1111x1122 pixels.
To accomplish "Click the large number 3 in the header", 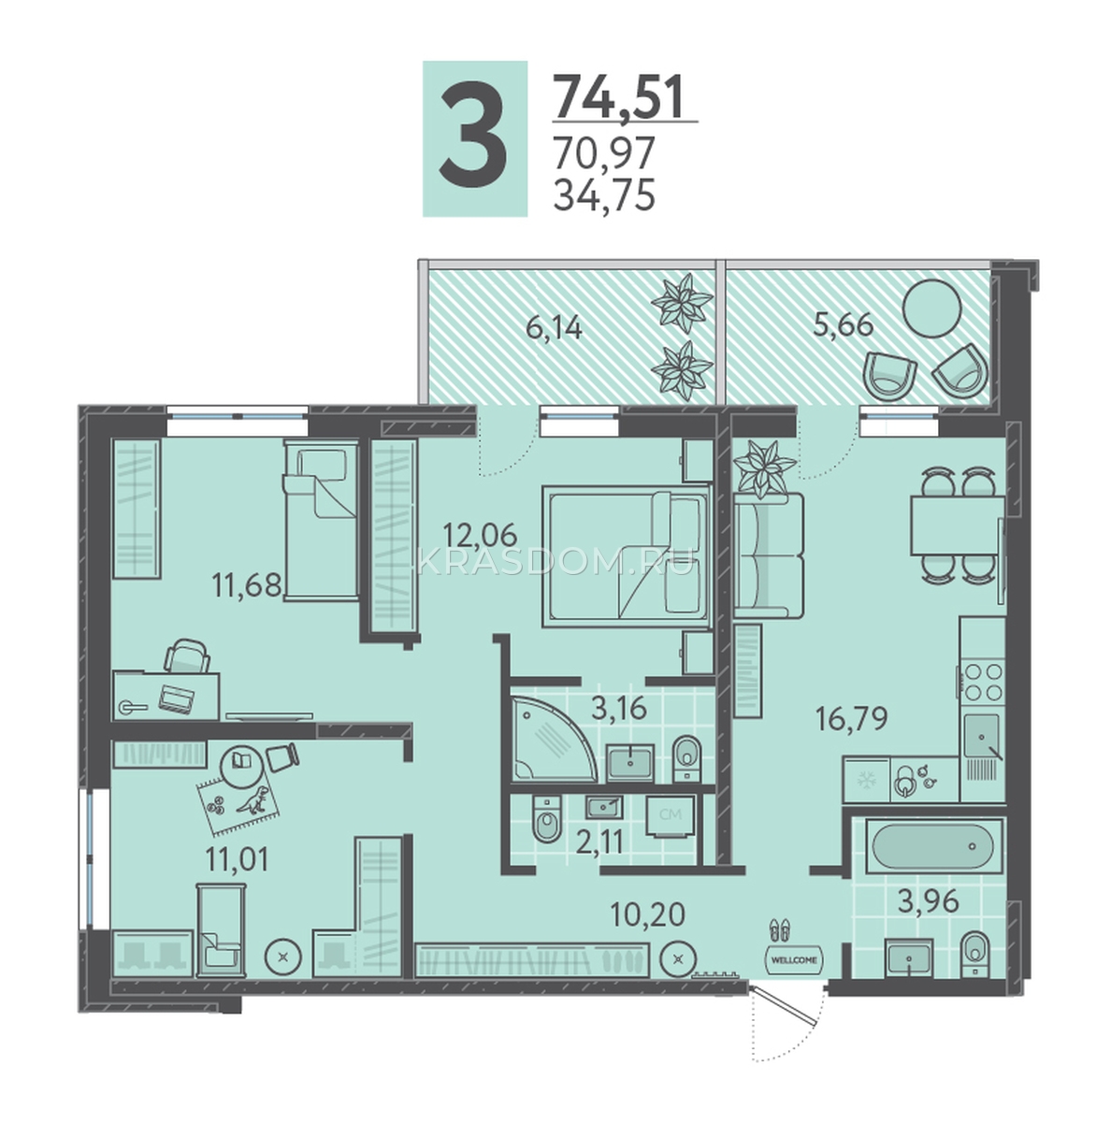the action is click(473, 139).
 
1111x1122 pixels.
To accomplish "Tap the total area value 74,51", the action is click(617, 97).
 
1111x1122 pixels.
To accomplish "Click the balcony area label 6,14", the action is click(554, 329).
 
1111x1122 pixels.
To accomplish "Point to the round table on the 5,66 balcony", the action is click(931, 309).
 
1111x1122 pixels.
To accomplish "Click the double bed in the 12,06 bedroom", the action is click(627, 557).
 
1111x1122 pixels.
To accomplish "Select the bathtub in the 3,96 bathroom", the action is click(931, 846).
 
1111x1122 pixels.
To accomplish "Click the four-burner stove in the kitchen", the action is click(983, 683).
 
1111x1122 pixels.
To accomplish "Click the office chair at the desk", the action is click(187, 655).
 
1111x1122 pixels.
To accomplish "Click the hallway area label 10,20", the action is click(647, 931).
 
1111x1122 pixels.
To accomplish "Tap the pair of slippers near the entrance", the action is click(780, 929).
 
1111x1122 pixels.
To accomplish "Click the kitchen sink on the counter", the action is click(982, 736).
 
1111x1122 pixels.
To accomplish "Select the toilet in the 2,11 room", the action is click(547, 819).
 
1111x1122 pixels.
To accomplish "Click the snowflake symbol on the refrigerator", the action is click(866, 781).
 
